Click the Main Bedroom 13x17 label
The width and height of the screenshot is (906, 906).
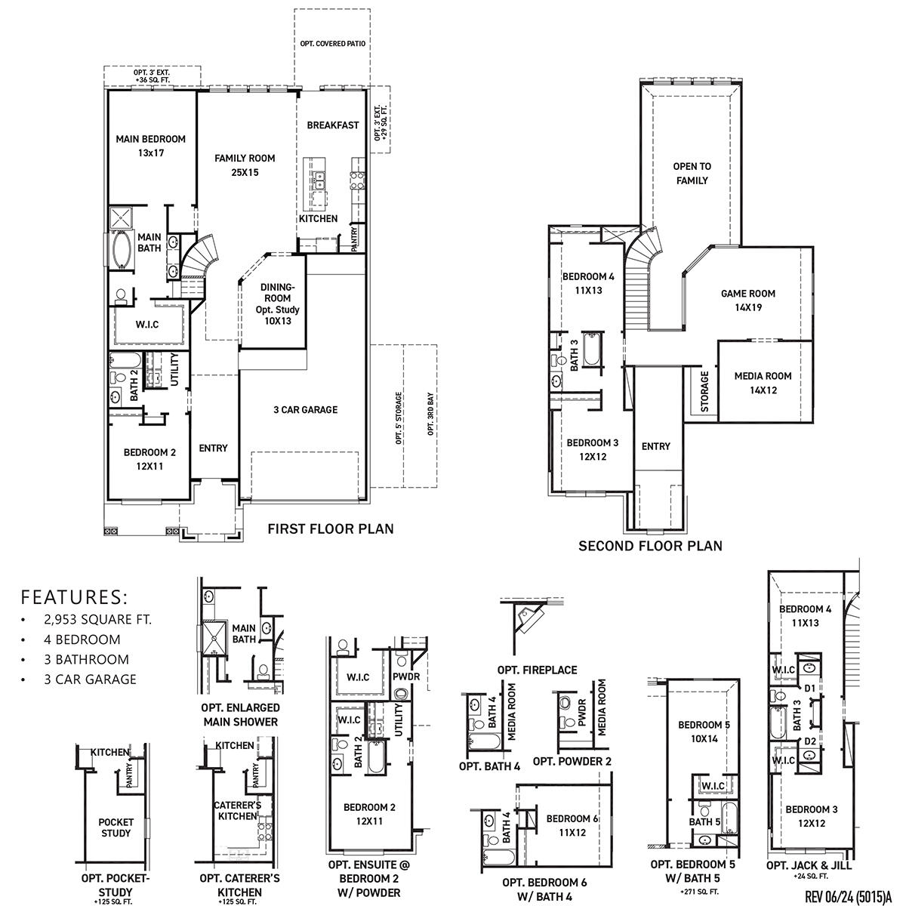(150, 146)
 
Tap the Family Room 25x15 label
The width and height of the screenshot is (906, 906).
(245, 165)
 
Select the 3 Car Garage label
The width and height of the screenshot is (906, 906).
(305, 410)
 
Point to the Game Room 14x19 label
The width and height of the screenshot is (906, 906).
(747, 300)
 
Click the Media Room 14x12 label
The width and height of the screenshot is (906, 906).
(763, 383)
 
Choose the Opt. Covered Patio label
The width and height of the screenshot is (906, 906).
(332, 44)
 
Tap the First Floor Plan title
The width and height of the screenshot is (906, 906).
(331, 528)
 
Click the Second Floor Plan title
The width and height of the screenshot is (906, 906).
(650, 545)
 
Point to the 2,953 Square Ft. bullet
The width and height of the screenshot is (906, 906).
(97, 620)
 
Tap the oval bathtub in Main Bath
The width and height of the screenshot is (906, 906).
(122, 250)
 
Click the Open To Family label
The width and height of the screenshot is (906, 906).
(692, 173)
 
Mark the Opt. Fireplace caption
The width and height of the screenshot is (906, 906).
(537, 670)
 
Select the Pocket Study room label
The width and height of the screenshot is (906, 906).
(116, 827)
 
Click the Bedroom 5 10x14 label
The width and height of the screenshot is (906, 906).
(704, 732)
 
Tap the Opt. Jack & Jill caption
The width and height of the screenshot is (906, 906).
(802, 864)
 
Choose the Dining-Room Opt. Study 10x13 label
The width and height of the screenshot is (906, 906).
(279, 304)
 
